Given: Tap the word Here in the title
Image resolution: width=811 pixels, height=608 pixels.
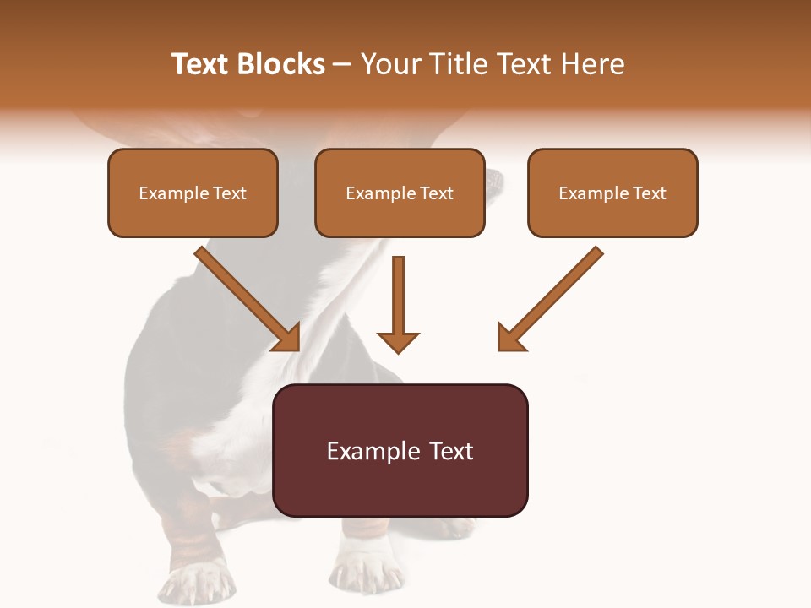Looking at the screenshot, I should pos(593,64).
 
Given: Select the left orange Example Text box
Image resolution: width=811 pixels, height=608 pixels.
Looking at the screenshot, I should pos(193,193).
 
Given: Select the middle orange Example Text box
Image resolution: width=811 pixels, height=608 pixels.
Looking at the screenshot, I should pos(400,193).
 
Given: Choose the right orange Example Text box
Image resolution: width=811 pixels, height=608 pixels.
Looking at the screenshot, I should pos(612,193).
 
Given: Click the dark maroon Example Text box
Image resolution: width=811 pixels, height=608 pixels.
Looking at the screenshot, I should pos(400,450).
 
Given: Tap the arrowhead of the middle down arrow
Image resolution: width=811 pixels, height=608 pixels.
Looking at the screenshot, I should pos(398,341).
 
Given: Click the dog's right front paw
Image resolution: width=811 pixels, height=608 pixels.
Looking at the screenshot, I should pos(365,574).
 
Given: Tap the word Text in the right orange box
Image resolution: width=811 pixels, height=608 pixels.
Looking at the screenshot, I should pos(650,193).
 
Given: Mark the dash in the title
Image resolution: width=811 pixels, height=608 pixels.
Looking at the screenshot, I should pos(342,64).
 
